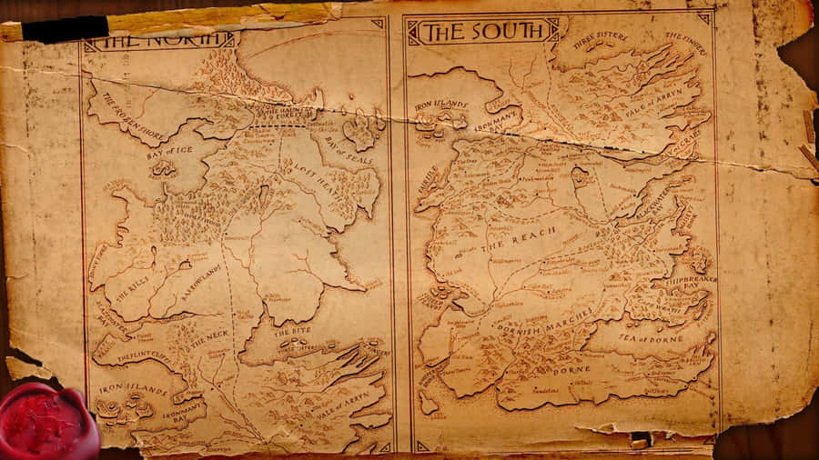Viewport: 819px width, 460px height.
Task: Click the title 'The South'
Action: pos(481,32)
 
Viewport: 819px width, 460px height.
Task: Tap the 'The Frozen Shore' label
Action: pos(133,116)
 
